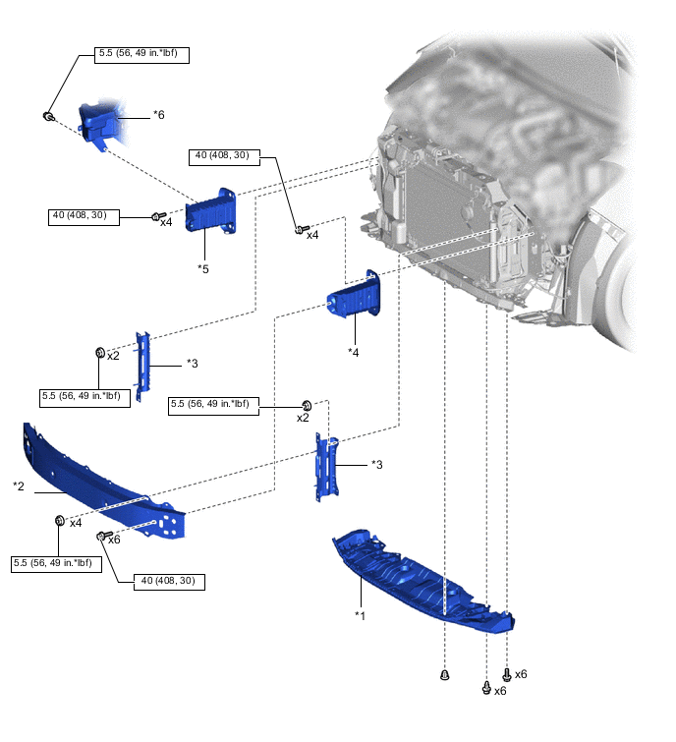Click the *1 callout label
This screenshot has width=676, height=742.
point(361,614)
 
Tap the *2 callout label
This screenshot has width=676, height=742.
point(19,486)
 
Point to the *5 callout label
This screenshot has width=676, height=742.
point(203,267)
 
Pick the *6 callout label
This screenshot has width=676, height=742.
point(158,115)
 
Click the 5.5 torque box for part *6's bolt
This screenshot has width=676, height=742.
point(142,55)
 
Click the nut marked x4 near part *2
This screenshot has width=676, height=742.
point(59,520)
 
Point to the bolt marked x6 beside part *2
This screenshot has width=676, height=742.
point(100,536)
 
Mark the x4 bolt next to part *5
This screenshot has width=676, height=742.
point(156,215)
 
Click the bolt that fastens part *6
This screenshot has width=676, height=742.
point(48,117)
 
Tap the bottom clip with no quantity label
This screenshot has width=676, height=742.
point(445,675)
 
